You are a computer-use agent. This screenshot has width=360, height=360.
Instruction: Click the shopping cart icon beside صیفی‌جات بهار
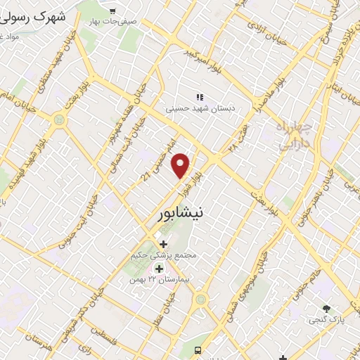[112, 11]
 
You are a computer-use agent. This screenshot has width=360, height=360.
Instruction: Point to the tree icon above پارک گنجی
[326, 309]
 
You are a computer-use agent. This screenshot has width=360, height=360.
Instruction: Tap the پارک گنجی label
[326, 321]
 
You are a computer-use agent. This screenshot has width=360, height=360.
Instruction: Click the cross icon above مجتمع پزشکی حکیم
[164, 244]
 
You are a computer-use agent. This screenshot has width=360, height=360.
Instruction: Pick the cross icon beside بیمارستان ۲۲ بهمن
[159, 269]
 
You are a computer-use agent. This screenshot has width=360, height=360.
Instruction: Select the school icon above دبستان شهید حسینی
[200, 97]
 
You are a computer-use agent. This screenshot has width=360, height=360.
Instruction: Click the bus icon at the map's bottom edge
[199, 349]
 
